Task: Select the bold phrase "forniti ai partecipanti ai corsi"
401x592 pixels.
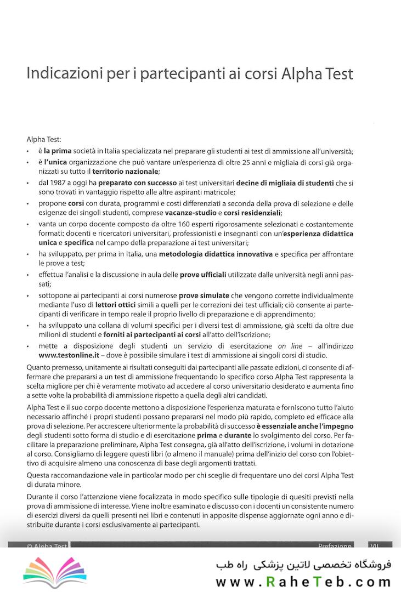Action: [137, 335]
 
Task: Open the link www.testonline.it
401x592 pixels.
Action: [69, 355]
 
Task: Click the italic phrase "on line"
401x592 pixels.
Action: [290, 345]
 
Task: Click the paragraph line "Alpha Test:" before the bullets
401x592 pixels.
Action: [44, 140]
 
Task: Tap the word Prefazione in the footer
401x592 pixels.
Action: [335, 547]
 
